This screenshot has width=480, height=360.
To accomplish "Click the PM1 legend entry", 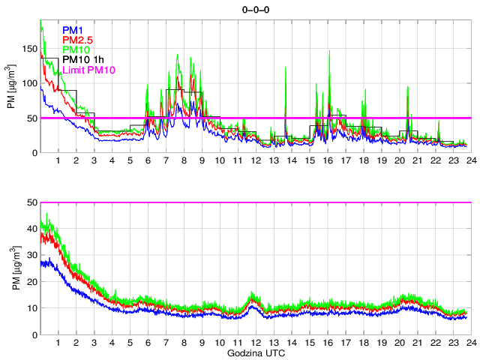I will (x=73, y=30).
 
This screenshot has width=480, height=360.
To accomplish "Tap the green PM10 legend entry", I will (x=76, y=49).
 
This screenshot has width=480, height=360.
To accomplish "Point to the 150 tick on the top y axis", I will (x=29, y=49).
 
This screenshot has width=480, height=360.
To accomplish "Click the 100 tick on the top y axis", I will (x=29, y=83).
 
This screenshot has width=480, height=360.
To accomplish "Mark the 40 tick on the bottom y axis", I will (x=31, y=229).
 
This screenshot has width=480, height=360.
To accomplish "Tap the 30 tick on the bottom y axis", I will (x=31, y=256).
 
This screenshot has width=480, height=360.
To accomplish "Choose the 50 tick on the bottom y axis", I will (x=31, y=202).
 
